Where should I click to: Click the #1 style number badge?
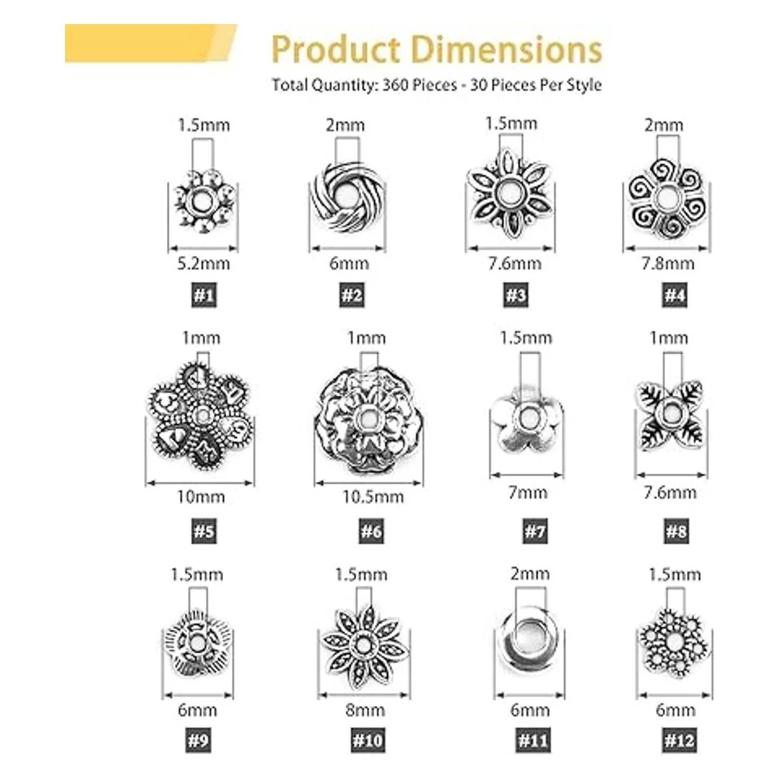tap(203, 296)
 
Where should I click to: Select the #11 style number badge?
tap(532, 740)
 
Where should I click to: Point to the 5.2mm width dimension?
tap(203, 263)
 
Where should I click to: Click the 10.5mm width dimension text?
tap(373, 497)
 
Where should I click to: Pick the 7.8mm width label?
tap(668, 263)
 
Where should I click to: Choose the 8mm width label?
tap(365, 710)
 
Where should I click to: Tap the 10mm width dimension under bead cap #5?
tap(201, 497)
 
